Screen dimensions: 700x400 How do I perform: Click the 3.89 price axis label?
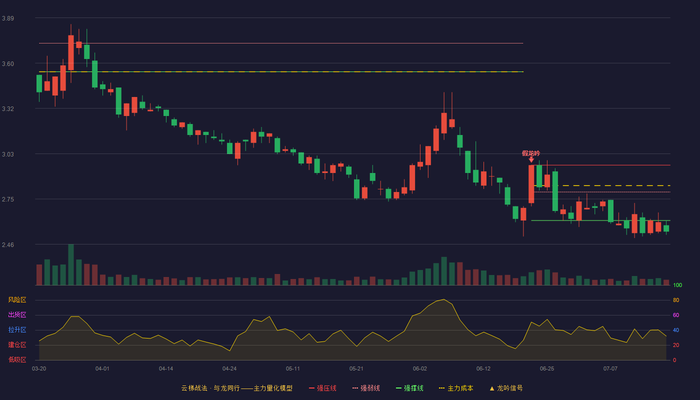(8, 18)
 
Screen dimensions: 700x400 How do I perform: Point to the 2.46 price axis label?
(8, 244)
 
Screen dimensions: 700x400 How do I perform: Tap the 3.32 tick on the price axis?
(8, 109)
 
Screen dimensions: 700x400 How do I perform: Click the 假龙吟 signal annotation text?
(531, 153)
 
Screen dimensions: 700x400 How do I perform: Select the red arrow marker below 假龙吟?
(531, 160)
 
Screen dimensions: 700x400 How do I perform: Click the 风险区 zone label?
(17, 300)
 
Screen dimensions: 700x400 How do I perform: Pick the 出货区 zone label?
(17, 314)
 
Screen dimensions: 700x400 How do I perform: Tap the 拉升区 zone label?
(17, 329)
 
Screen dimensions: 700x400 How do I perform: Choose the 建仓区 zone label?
(17, 344)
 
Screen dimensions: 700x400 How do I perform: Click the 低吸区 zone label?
(17, 359)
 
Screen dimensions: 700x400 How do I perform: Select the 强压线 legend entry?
(322, 388)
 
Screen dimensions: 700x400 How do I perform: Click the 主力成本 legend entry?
(456, 388)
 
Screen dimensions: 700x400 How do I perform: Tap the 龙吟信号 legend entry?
(506, 388)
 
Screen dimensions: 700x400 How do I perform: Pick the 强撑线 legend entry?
(409, 388)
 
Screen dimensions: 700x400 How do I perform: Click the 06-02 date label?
(419, 369)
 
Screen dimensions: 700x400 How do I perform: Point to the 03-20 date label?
(39, 369)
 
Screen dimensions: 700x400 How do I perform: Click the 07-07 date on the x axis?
(610, 369)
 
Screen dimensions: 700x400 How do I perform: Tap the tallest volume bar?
(71, 264)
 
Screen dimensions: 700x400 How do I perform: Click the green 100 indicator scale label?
(677, 285)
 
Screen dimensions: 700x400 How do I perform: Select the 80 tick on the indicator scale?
(676, 300)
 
